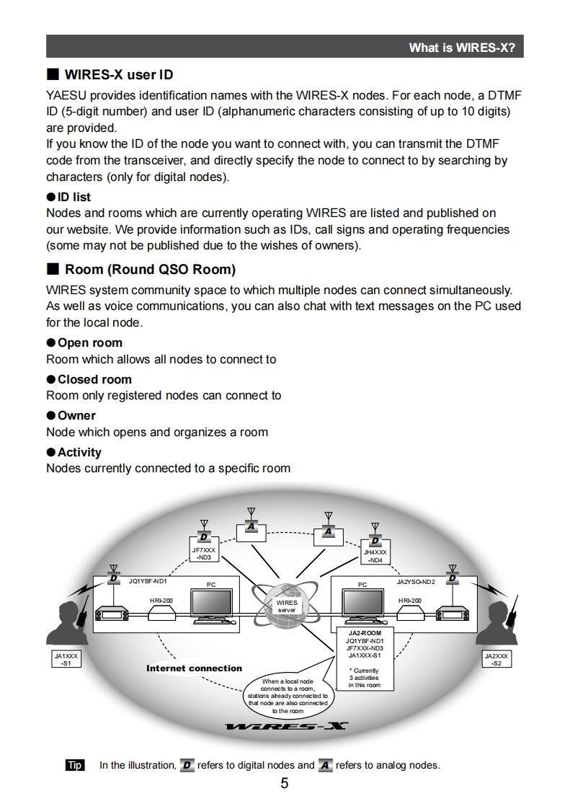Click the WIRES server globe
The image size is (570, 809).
[286, 604]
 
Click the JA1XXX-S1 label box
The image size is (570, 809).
[66, 659]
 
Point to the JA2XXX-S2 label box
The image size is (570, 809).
[496, 659]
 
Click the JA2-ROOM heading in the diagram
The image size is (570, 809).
[365, 633]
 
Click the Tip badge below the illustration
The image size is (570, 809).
[75, 765]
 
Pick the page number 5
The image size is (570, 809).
[285, 784]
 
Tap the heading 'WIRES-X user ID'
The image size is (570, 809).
[119, 75]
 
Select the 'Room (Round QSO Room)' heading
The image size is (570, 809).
[150, 270]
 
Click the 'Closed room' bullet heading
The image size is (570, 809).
[94, 379]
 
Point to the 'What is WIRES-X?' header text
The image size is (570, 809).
[462, 48]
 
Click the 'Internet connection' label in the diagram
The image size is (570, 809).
[194, 668]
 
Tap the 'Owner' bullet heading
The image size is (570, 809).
[76, 415]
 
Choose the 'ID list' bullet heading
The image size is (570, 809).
[74, 197]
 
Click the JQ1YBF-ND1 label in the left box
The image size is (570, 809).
[148, 580]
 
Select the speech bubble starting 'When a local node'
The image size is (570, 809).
[288, 695]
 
